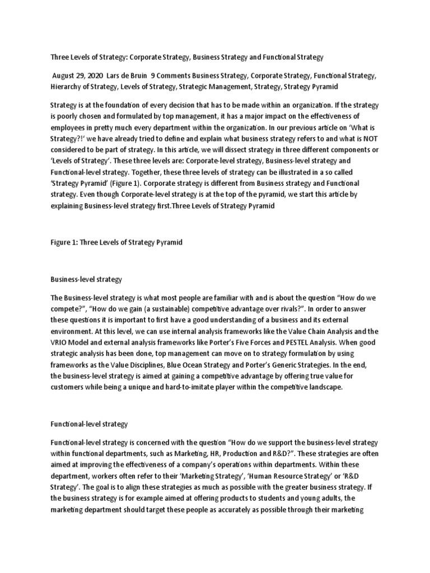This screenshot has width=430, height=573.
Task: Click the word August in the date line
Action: point(63,76)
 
